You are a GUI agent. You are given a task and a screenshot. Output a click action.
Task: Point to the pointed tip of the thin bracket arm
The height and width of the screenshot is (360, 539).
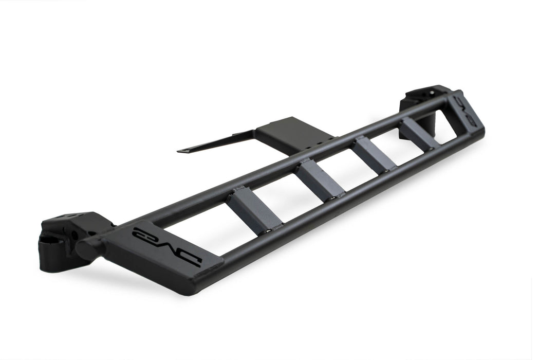[x=179, y=152]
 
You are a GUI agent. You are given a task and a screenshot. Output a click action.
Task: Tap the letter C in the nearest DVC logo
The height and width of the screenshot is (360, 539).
[x=141, y=232]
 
